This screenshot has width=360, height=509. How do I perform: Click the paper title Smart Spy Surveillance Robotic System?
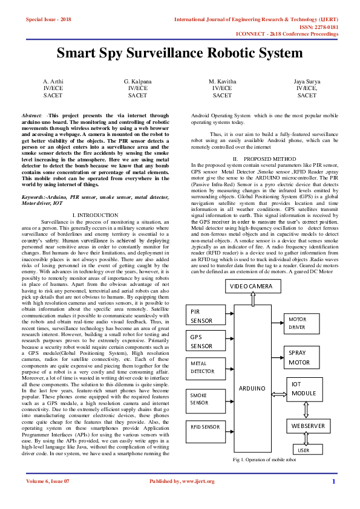click(179, 53)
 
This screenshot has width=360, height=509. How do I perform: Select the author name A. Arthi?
click(53, 81)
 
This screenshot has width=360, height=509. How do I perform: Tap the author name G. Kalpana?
click(137, 81)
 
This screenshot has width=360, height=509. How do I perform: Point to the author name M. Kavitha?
click(222, 81)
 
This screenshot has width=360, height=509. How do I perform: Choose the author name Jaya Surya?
click(307, 81)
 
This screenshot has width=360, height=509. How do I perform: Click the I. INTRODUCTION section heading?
click(94, 215)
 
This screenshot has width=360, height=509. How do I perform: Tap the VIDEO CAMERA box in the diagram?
click(252, 286)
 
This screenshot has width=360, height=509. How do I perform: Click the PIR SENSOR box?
click(201, 315)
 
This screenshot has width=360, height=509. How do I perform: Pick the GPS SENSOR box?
click(201, 342)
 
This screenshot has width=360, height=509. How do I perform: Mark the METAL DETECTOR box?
click(202, 368)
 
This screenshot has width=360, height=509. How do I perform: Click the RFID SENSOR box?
click(202, 427)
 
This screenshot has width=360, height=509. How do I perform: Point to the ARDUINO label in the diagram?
click(252, 387)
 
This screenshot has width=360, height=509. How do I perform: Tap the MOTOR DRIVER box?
click(301, 323)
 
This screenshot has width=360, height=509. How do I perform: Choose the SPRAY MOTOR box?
click(301, 357)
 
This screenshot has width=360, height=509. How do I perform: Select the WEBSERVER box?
click(309, 426)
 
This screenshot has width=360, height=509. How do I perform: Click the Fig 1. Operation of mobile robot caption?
click(264, 460)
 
